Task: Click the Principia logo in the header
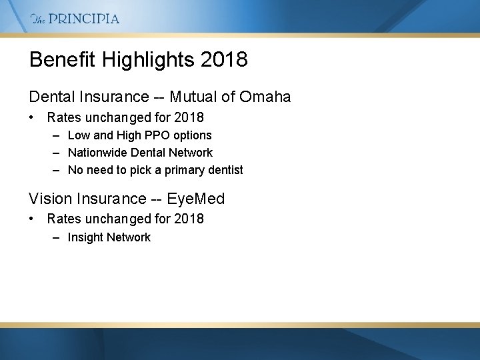tap(75, 19)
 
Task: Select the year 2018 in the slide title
tap(223, 59)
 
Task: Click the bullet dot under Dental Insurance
tap(32, 118)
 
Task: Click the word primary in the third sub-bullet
tap(179, 170)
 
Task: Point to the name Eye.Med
tap(196, 199)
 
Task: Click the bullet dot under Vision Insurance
tap(32, 219)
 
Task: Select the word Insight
tap(85, 237)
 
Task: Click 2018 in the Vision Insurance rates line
tap(189, 219)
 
